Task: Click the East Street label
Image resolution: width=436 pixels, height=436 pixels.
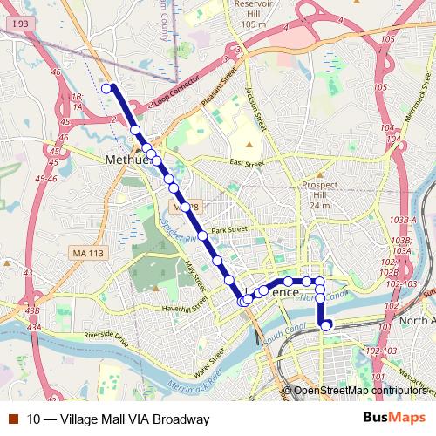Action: [x=247, y=162]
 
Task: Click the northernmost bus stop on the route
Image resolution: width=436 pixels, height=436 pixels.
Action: [x=106, y=88]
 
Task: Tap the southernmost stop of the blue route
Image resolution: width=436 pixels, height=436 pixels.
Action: [x=326, y=326]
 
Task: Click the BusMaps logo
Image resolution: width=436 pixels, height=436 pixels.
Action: [x=395, y=419]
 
